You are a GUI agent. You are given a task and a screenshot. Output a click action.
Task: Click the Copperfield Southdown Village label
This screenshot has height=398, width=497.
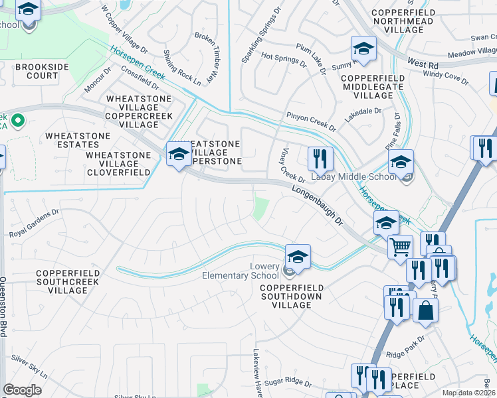click(x=292, y=296)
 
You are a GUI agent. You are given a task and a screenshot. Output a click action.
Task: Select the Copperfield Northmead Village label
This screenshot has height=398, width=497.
click(x=398, y=21)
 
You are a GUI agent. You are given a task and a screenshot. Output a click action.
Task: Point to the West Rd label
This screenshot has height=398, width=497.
click(x=423, y=64)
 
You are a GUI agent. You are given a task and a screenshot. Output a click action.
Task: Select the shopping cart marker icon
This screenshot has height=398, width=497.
click(x=400, y=247)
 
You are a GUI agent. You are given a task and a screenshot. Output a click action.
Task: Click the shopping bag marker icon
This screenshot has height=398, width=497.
click(x=425, y=310)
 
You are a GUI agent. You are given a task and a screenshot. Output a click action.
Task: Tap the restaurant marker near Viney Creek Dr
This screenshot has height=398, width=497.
click(x=320, y=159)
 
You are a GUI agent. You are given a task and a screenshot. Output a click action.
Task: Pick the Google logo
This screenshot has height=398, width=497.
click(x=23, y=390)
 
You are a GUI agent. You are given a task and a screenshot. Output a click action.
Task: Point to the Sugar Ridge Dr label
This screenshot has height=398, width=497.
click(x=288, y=383)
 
